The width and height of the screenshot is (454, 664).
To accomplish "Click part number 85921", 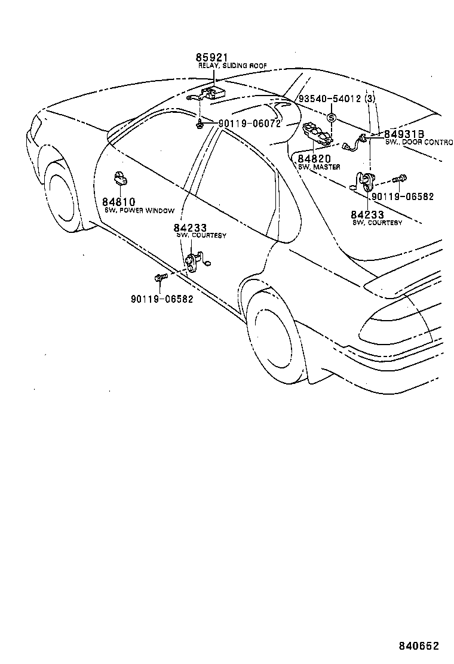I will pos(211,58).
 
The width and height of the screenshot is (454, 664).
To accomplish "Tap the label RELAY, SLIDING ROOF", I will pos(233,66).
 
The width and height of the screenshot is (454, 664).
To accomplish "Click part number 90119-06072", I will pos(250,124).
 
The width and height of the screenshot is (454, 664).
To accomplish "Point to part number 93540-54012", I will pos(330,99).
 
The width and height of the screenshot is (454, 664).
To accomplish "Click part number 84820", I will pos(314,158).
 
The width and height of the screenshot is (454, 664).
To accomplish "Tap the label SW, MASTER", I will pos(320,167).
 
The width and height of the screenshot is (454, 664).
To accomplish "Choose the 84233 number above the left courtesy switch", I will pos(190,228).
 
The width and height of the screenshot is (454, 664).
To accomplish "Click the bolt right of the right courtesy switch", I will pos(401,178).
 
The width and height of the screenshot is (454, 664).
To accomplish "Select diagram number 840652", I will pos(419,646).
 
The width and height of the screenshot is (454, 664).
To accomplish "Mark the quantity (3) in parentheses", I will pos(370,99).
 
